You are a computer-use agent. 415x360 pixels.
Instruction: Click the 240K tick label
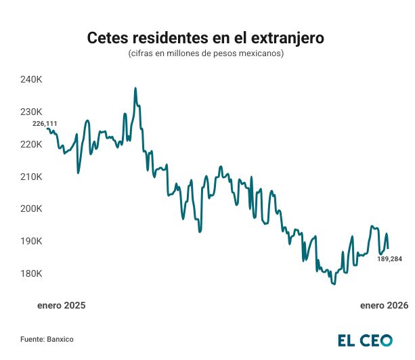pyautogui.click(x=32, y=80)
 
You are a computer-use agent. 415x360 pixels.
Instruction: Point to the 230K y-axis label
pyautogui.click(x=32, y=112)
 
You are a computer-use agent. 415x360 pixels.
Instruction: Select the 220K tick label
pyautogui.click(x=32, y=144)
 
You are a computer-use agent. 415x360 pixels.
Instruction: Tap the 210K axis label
pyautogui.click(x=32, y=177)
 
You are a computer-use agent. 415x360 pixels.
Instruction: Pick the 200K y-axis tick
pyautogui.click(x=32, y=209)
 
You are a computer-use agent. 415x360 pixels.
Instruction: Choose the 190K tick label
pyautogui.click(x=32, y=242)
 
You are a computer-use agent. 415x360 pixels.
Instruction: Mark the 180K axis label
pyautogui.click(x=32, y=274)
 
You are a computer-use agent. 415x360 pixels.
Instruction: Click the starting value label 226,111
pyautogui.click(x=45, y=123)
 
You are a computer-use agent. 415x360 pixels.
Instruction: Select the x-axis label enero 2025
pyautogui.click(x=62, y=306)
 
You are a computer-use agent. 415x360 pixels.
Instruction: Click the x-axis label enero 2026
pyautogui.click(x=384, y=306)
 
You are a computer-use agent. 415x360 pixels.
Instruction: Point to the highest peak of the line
pyautogui.click(x=135, y=88)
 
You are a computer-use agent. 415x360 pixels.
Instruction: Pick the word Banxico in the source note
pyautogui.click(x=60, y=338)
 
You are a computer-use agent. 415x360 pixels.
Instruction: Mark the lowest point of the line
pyautogui.click(x=334, y=284)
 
